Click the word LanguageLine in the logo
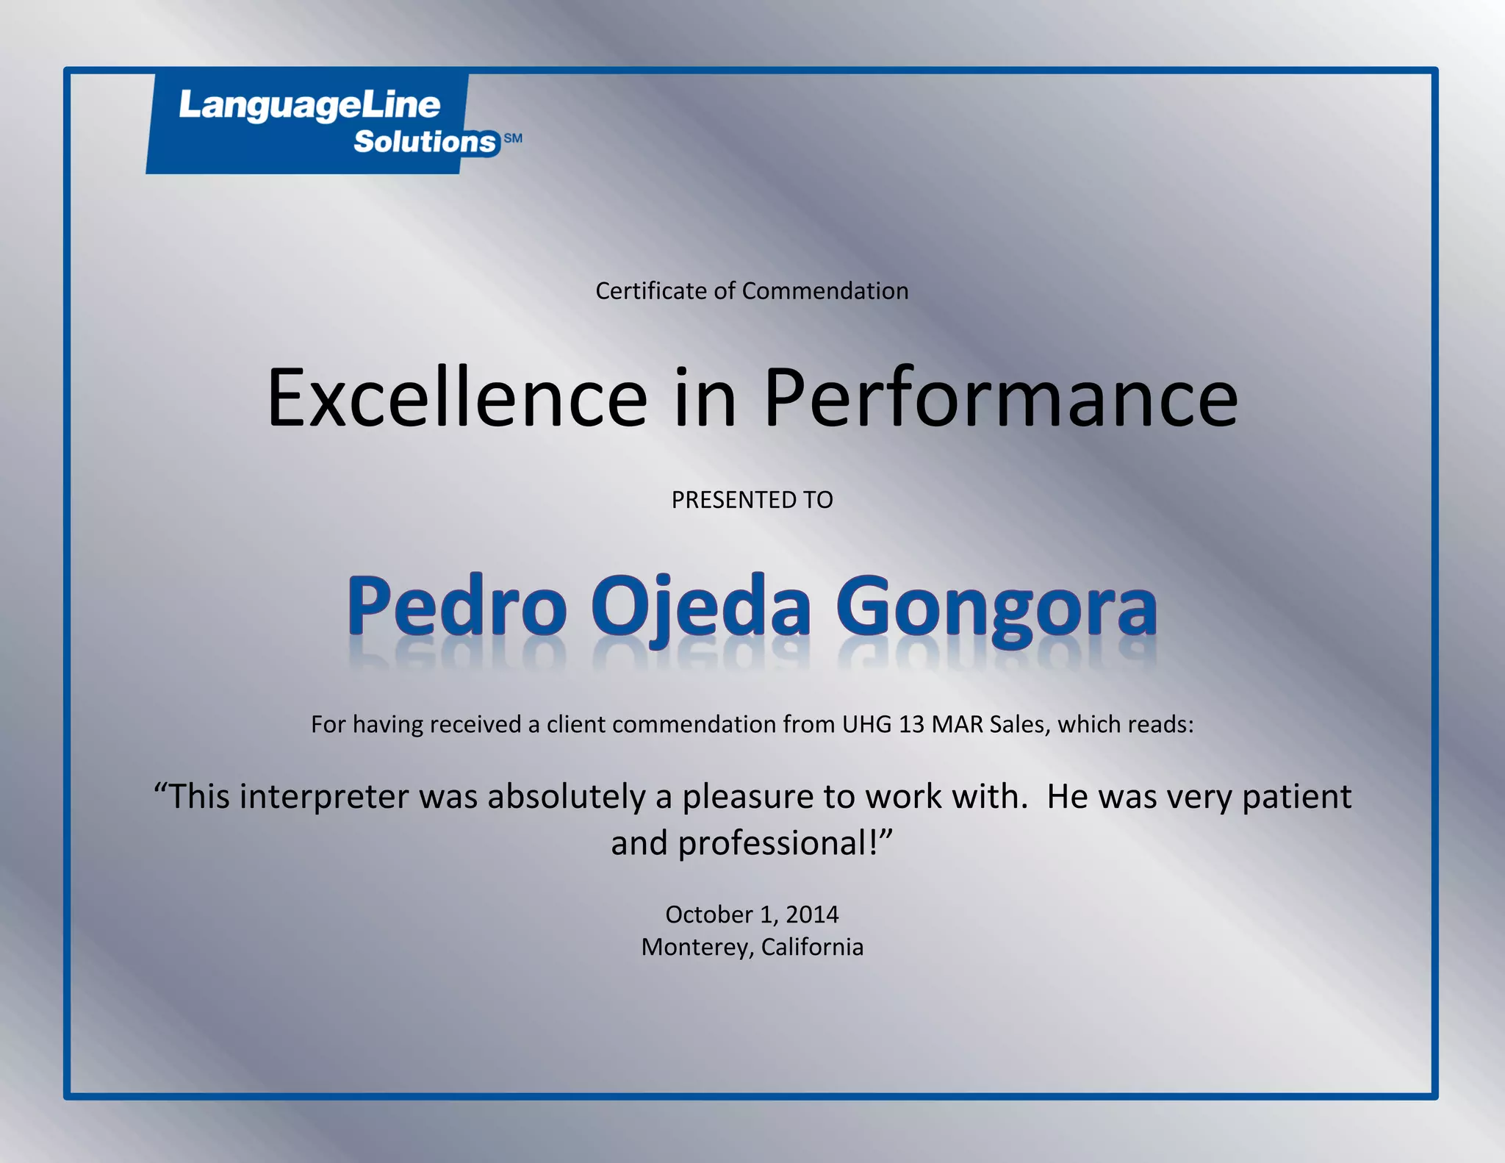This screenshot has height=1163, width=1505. click(309, 106)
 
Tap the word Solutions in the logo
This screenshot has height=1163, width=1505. click(425, 141)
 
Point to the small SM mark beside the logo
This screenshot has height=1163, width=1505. click(513, 138)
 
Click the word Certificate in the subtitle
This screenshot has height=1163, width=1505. click(652, 291)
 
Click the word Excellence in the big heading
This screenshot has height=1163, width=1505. click(456, 398)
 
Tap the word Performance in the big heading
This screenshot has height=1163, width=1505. click(1001, 398)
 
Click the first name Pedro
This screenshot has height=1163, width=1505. click(456, 606)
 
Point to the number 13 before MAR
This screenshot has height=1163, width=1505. click(911, 724)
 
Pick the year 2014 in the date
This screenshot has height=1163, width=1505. click(812, 915)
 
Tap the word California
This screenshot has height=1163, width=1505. click(812, 947)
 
